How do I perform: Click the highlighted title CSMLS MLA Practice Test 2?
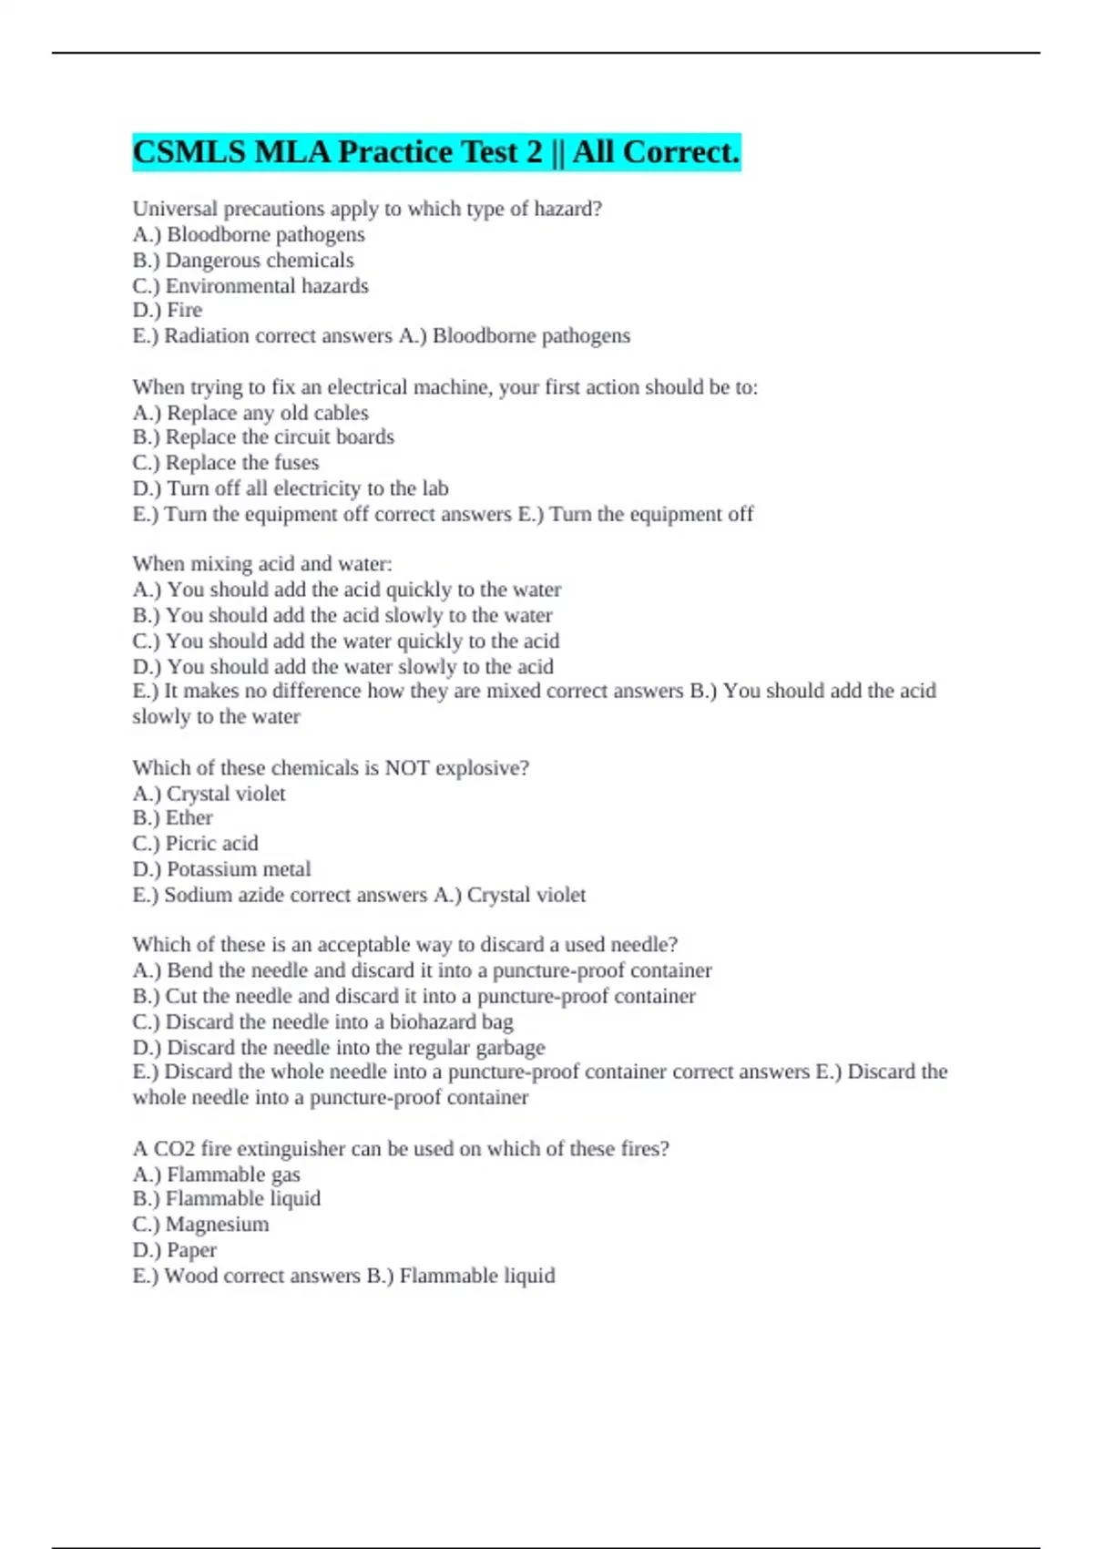[435, 152]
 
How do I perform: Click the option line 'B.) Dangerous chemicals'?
[243, 261]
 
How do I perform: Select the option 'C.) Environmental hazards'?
[250, 286]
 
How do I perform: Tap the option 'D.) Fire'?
[168, 311]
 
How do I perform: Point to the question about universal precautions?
[367, 209]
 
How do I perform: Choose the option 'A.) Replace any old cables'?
[250, 413]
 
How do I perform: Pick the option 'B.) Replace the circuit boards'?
[263, 437]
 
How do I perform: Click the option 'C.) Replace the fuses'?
[226, 463]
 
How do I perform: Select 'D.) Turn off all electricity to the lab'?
[291, 488]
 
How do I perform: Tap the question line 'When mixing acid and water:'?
[262, 564]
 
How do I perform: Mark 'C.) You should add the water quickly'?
[346, 641]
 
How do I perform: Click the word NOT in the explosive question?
[406, 768]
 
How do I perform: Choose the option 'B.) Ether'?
[173, 818]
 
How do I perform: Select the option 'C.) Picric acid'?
[196, 844]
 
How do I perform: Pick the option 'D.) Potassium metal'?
[222, 869]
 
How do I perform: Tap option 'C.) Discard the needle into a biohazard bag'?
[323, 1021]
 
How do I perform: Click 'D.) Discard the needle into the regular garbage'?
[339, 1047]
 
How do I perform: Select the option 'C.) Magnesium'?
[201, 1225]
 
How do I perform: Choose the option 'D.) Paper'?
[175, 1250]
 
